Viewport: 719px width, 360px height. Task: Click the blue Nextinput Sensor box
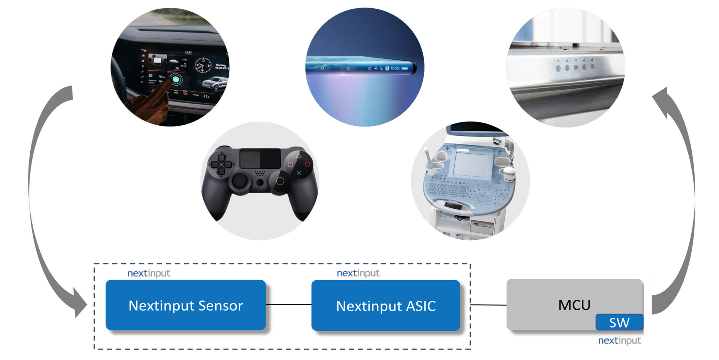(x=185, y=305)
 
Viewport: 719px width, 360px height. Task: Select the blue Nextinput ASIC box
(x=385, y=305)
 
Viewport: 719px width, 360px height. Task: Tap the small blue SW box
(x=619, y=322)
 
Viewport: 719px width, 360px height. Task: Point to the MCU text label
(x=574, y=305)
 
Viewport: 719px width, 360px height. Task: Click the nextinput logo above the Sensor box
(x=149, y=273)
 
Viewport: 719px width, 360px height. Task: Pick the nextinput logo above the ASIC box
(x=358, y=273)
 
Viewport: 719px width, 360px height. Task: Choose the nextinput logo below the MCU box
(x=619, y=341)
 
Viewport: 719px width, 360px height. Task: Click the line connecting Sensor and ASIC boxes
(x=288, y=305)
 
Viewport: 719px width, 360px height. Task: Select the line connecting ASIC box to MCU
(x=488, y=305)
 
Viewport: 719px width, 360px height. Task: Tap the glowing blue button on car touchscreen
(x=176, y=79)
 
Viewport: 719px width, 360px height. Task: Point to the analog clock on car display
(x=203, y=65)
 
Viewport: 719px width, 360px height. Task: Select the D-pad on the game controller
(x=221, y=164)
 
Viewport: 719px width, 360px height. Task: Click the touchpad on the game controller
(x=260, y=158)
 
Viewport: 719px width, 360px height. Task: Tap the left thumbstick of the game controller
(x=240, y=181)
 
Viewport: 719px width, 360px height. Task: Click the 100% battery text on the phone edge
(x=395, y=68)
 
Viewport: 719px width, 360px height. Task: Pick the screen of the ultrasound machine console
(x=471, y=164)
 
